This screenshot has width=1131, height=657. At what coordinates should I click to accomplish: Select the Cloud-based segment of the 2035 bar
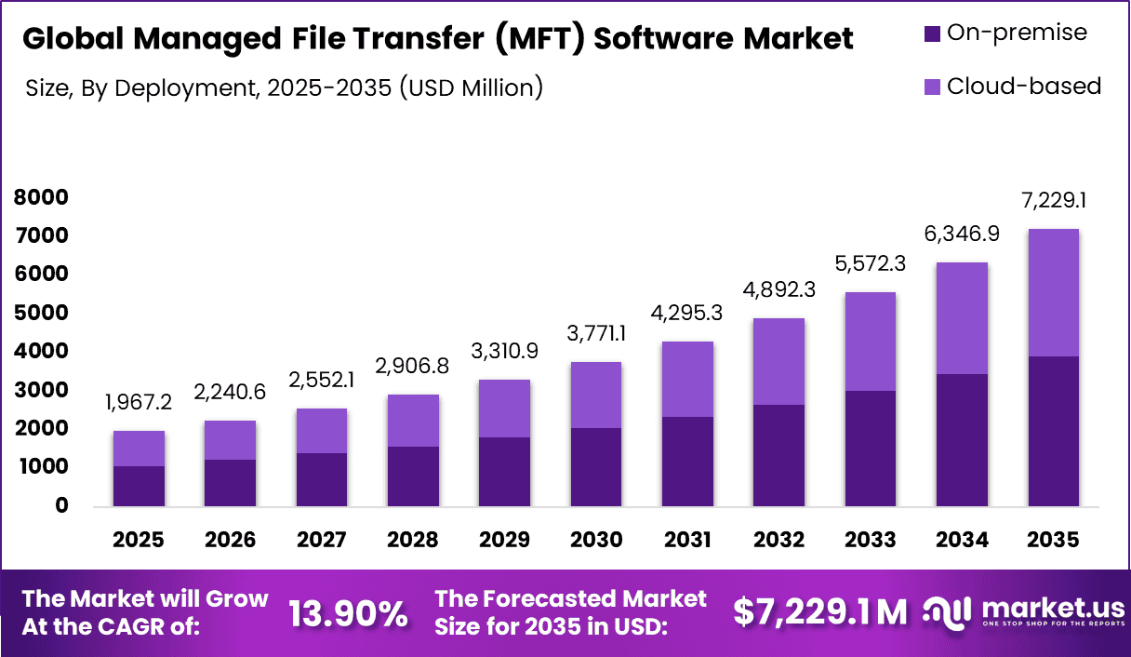(x=1053, y=292)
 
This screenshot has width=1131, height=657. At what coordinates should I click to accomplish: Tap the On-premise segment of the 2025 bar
(x=139, y=486)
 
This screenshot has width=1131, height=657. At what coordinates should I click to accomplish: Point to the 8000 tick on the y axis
(x=41, y=197)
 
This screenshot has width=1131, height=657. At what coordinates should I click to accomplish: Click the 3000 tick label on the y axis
(x=41, y=390)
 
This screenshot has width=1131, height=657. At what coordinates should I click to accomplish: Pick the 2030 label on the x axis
(x=596, y=541)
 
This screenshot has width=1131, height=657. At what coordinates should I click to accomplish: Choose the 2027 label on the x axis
(x=321, y=541)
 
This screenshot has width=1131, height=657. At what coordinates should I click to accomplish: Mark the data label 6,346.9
(x=962, y=235)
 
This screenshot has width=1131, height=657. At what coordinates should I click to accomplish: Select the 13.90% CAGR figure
(x=348, y=613)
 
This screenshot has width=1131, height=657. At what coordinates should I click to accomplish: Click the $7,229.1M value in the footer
(x=819, y=612)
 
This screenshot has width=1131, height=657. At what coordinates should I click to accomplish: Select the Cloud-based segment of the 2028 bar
(x=413, y=421)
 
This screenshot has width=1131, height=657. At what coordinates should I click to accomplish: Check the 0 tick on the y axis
(x=60, y=506)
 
